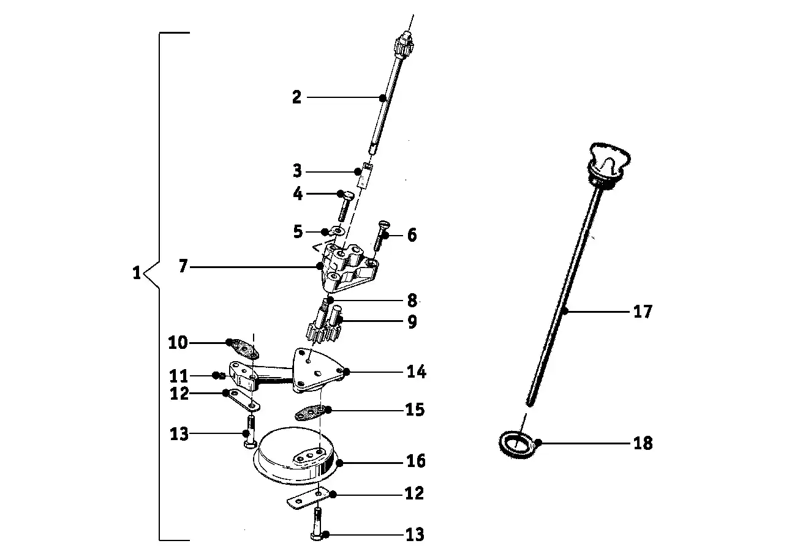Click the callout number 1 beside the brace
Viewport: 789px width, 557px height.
(137, 272)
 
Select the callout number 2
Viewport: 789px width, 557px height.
(296, 97)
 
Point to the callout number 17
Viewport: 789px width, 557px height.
(643, 312)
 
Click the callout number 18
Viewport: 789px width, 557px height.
(643, 443)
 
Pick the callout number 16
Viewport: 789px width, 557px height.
(415, 460)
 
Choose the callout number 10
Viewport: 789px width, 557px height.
(178, 343)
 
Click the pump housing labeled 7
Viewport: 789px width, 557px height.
(346, 269)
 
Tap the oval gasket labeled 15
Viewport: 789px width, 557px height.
(311, 414)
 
